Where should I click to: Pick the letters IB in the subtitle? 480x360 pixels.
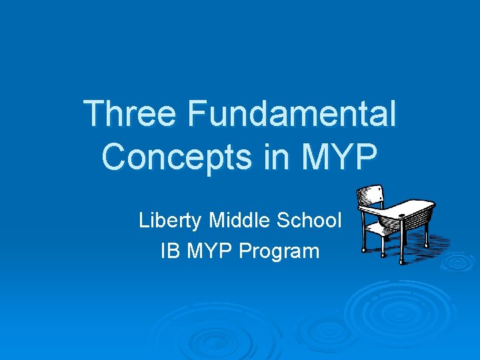[x=170, y=251]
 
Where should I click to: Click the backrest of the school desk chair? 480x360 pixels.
[x=371, y=197]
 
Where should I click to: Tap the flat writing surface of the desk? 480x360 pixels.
[x=403, y=208]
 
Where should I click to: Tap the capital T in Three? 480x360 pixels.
[x=93, y=114]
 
